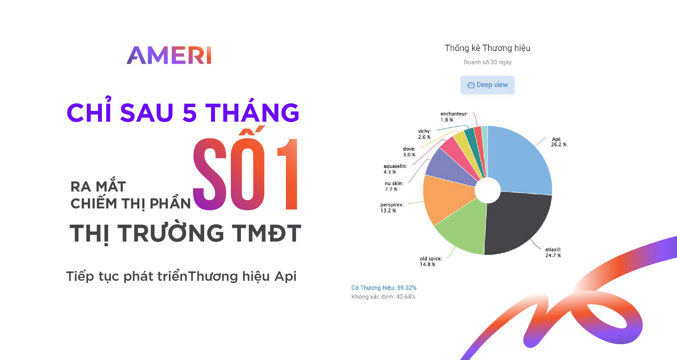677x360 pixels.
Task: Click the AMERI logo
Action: tap(169, 55)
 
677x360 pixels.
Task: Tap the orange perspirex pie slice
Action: tap(445, 198)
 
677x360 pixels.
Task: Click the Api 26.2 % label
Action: tap(559, 142)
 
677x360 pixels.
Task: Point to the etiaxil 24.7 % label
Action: tap(553, 252)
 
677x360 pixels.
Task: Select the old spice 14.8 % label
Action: tap(431, 261)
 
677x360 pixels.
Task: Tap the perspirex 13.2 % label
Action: tap(392, 208)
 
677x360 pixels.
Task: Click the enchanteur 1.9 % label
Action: tap(454, 117)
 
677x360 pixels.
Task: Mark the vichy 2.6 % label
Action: tap(425, 134)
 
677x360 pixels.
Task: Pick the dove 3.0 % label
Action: tap(409, 152)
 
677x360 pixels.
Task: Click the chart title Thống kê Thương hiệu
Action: tap(488, 48)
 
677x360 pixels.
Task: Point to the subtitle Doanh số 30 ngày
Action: tap(488, 62)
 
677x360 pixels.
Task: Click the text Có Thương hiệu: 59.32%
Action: tap(384, 288)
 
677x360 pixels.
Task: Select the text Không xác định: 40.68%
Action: tap(384, 297)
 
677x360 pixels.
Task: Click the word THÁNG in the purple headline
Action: tap(252, 112)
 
